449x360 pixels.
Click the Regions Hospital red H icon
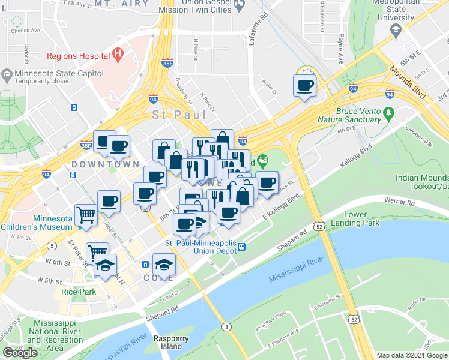(118, 55)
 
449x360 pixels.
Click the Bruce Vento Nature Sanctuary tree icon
(388, 112)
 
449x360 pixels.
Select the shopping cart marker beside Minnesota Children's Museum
(86, 214)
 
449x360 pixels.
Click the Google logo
(20, 353)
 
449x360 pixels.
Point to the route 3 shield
(226, 326)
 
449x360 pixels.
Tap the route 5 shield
(52, 246)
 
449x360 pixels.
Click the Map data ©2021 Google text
(412, 355)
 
